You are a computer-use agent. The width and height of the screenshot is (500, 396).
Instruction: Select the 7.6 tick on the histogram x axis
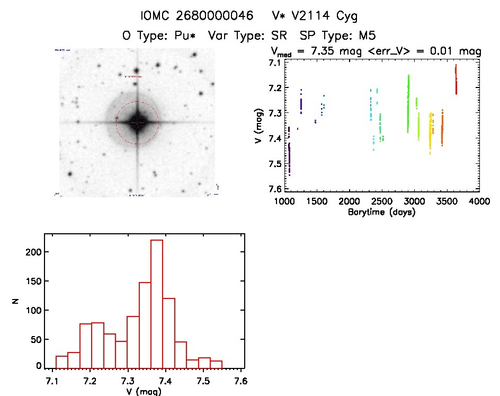pyautogui.click(x=242, y=381)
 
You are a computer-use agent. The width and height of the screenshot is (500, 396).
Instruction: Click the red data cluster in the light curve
pyautogui.click(x=456, y=80)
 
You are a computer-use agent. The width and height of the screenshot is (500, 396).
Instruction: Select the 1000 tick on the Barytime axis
pyautogui.click(x=284, y=202)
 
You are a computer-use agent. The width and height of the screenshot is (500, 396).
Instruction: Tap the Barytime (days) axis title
pyautogui.click(x=381, y=212)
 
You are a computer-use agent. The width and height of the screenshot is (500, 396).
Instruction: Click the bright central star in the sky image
pyautogui.click(x=137, y=122)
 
